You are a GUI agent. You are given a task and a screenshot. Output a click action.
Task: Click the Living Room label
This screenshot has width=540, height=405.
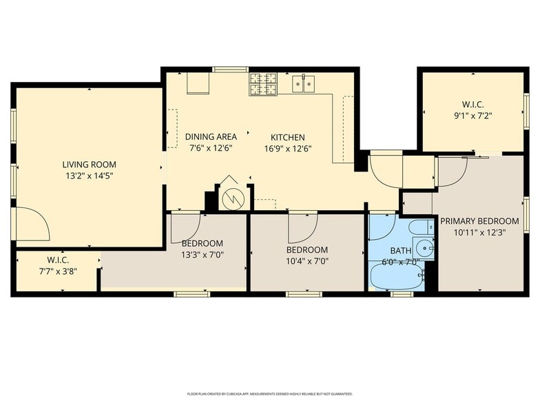(x=90, y=164)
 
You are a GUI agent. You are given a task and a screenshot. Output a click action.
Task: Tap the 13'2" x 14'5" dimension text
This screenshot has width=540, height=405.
(x=90, y=176)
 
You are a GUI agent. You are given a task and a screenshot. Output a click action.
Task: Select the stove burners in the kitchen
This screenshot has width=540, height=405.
(x=263, y=84)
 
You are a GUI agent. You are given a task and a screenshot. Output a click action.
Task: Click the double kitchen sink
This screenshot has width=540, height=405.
(x=303, y=84)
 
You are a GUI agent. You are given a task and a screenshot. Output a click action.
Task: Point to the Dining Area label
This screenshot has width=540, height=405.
(x=211, y=136)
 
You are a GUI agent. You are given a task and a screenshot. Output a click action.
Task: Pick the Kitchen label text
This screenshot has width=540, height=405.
(x=288, y=138)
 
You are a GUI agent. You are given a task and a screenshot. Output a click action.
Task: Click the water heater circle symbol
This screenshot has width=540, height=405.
(x=233, y=198)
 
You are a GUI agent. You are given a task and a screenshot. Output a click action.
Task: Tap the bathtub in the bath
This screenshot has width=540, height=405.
(x=397, y=276)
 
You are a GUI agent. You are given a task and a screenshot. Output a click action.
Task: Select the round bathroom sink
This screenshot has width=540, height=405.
(x=424, y=247)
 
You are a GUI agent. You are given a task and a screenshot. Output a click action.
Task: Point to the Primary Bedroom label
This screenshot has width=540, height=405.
(x=479, y=220)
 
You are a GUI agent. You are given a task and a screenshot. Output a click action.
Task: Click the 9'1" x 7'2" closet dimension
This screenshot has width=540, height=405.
(x=473, y=116)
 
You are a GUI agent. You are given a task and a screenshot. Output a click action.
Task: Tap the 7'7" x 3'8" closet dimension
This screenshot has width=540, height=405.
(x=58, y=271)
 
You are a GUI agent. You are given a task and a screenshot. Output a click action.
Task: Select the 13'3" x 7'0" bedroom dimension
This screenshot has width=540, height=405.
(x=202, y=255)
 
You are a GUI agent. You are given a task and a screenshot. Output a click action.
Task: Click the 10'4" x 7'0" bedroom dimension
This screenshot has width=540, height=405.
(x=307, y=260)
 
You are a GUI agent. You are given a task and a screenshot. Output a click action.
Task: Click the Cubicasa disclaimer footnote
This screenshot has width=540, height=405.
(x=270, y=394)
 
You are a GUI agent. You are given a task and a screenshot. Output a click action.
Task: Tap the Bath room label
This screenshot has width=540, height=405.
(x=401, y=251)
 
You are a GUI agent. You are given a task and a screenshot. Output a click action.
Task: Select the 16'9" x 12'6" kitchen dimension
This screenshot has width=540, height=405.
(x=288, y=149)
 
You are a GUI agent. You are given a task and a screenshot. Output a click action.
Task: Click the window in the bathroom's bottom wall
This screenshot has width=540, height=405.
(x=402, y=294)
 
